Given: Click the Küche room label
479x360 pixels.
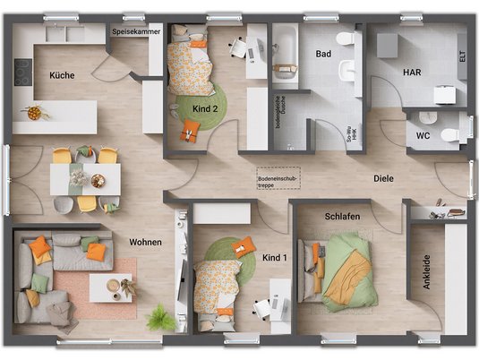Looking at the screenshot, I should (x=62, y=75).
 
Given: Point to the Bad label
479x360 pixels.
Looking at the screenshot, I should (x=323, y=55).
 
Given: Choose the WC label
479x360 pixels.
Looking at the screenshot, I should (x=423, y=137).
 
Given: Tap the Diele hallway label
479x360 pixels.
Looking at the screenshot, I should (x=385, y=178).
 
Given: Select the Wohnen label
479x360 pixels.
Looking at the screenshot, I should (x=146, y=242).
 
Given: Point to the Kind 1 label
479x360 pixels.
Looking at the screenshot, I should (x=275, y=258).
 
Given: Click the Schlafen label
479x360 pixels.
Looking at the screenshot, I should (x=343, y=217).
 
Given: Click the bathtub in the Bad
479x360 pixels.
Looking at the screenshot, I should (x=284, y=55).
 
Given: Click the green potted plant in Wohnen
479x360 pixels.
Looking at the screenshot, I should (x=161, y=317).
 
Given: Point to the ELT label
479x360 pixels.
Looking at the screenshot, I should (x=461, y=56).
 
